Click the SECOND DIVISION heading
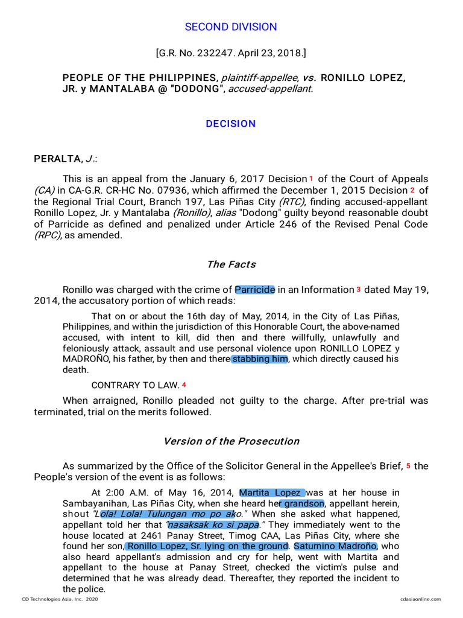pos(231,27)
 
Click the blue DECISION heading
pos(231,124)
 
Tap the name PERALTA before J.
pos(57,159)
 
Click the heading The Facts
pos(231,264)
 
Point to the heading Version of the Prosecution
pos(231,441)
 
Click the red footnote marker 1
pos(311,179)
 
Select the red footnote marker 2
pos(412,191)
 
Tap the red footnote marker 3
pos(358,290)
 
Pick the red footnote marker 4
pos(184,385)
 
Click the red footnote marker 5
pos(408,466)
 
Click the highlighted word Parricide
pos(255,290)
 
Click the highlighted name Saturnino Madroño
pos(335,546)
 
